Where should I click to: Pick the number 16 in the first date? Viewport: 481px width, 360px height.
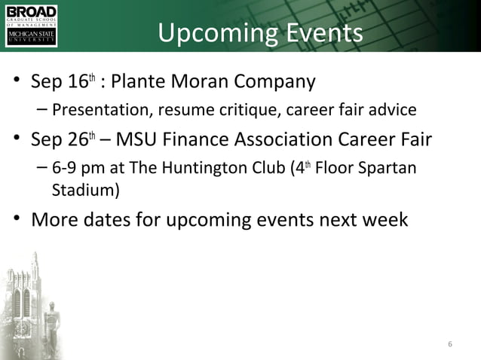pyautogui.click(x=81, y=81)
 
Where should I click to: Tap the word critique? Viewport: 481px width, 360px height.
pyautogui.click(x=294, y=111)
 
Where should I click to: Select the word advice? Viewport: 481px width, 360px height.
pyautogui.click(x=392, y=111)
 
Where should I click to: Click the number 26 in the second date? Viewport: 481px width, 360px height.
pyautogui.click(x=81, y=141)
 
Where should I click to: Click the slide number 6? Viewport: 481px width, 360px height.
pyautogui.click(x=450, y=346)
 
